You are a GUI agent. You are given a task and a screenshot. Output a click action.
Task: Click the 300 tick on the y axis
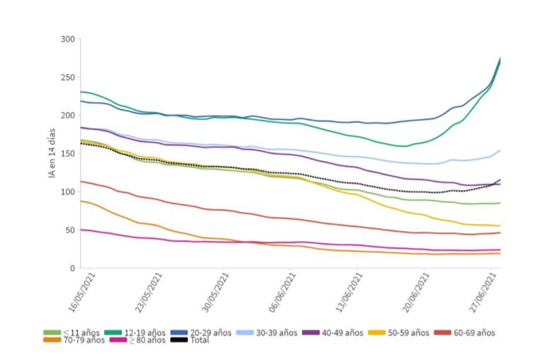tap(67, 39)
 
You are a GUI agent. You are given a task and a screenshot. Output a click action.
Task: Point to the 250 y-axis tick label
tap(67, 77)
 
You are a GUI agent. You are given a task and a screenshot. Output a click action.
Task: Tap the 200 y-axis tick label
tap(67, 116)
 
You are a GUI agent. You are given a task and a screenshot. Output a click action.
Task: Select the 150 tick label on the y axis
tap(67, 154)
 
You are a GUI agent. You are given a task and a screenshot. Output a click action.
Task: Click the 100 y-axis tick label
tap(67, 192)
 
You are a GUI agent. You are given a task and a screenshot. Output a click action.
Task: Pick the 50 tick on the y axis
tap(69, 230)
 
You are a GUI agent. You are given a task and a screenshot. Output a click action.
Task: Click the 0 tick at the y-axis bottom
tap(72, 269)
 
